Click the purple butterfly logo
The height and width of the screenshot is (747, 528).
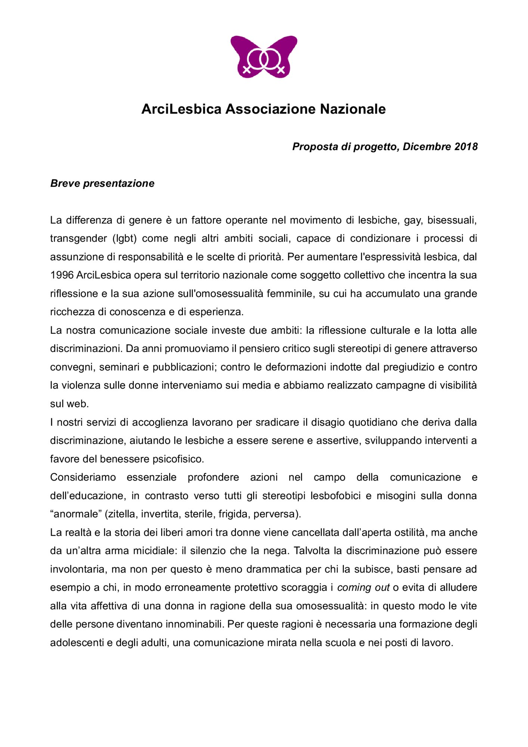(x=264, y=57)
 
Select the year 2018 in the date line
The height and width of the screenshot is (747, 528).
(x=466, y=146)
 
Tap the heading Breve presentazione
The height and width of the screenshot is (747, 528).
(x=102, y=183)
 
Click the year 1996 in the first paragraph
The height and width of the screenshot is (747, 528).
(x=62, y=275)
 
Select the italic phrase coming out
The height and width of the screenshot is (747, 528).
(x=363, y=588)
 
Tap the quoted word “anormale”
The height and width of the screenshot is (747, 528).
(x=76, y=514)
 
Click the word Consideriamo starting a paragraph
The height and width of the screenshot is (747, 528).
(x=83, y=477)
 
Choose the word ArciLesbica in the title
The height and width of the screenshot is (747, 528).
(x=181, y=109)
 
